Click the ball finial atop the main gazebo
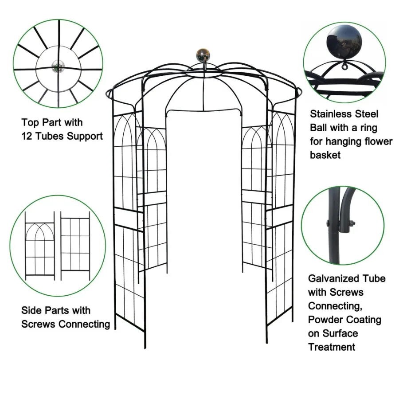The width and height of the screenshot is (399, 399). click(x=203, y=55)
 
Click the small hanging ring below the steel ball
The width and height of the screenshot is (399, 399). click(x=344, y=66)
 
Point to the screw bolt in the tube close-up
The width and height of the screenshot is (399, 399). click(x=352, y=223)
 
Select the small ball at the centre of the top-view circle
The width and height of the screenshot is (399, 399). click(x=58, y=67)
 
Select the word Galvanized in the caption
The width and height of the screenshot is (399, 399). click(x=334, y=278)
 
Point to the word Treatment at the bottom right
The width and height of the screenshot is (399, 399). click(x=332, y=347)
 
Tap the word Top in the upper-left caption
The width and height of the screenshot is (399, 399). click(x=29, y=122)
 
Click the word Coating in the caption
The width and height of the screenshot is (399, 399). click(x=364, y=320)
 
